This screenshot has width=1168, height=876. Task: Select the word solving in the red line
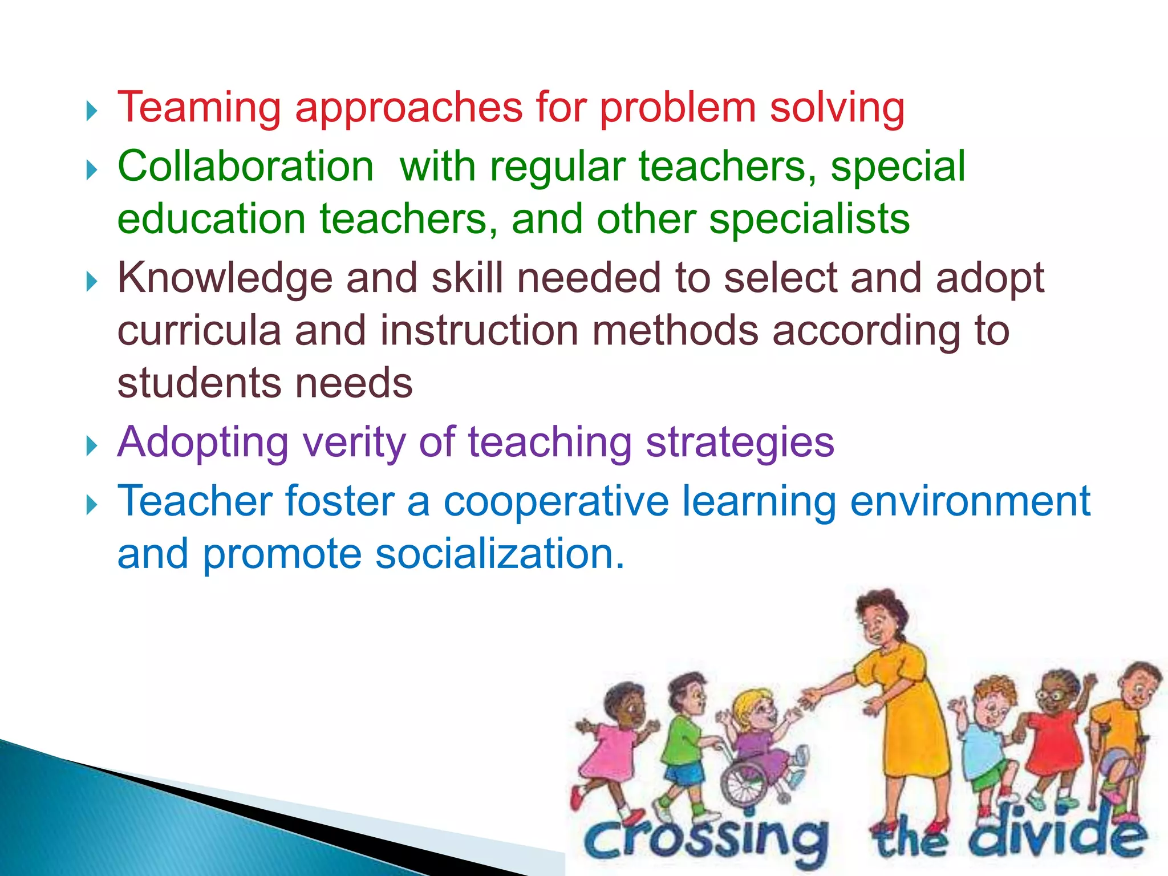pyautogui.click(x=837, y=108)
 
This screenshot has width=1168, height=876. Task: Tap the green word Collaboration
pyautogui.click(x=246, y=167)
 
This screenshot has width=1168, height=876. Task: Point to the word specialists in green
pyautogui.click(x=809, y=220)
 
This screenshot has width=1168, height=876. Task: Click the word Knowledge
pyautogui.click(x=225, y=278)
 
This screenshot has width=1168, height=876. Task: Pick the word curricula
pyautogui.click(x=199, y=331)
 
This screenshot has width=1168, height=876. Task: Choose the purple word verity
pyautogui.click(x=354, y=442)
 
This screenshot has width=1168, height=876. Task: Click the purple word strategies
pyautogui.click(x=740, y=442)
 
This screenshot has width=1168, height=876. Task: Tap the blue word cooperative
pyautogui.click(x=556, y=501)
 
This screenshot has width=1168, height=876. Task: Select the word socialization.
pyautogui.click(x=500, y=554)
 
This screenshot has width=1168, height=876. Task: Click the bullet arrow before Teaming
pyautogui.click(x=92, y=110)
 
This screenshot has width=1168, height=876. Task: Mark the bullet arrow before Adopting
pyautogui.click(x=92, y=445)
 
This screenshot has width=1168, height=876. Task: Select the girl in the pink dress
pyautogui.click(x=613, y=741)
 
